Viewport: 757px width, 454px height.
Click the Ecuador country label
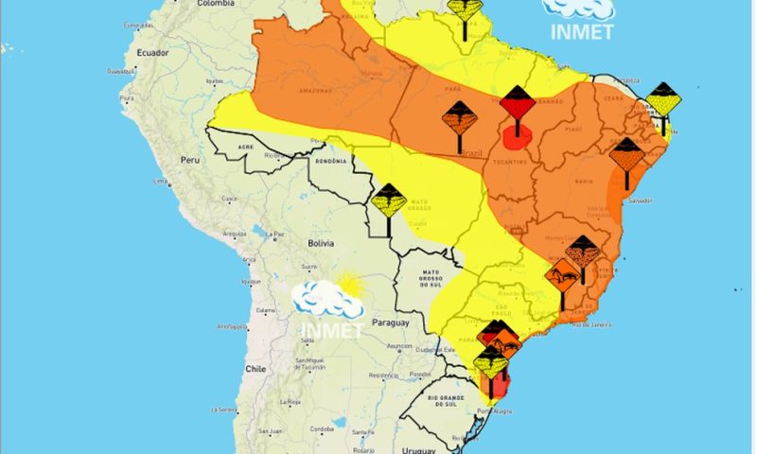[152, 54]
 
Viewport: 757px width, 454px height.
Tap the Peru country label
[192, 160]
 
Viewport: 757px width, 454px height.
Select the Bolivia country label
[321, 243]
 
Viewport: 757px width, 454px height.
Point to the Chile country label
[255, 369]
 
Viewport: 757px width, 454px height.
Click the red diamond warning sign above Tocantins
[517, 102]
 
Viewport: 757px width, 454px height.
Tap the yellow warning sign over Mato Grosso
[388, 201]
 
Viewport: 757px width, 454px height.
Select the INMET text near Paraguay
[331, 329]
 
